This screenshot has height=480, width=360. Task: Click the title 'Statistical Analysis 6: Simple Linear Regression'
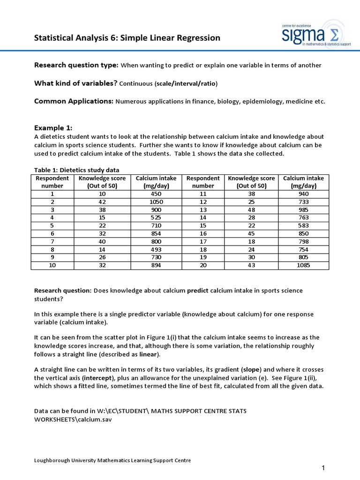(x=127, y=37)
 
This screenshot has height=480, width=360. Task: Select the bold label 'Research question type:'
(x=76, y=65)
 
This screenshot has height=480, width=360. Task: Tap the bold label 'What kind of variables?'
(x=75, y=83)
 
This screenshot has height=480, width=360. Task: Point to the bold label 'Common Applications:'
(x=74, y=101)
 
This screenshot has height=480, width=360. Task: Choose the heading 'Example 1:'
(x=53, y=128)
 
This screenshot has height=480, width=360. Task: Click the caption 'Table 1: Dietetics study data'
(x=77, y=170)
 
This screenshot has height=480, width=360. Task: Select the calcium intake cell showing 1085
(x=304, y=265)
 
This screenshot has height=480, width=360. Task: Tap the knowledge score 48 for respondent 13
(x=251, y=210)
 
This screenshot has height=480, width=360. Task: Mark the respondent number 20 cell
(x=202, y=265)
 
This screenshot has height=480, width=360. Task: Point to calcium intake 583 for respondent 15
(x=304, y=225)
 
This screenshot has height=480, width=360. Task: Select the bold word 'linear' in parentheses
(x=149, y=354)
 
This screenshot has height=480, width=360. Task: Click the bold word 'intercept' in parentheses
(x=99, y=378)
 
